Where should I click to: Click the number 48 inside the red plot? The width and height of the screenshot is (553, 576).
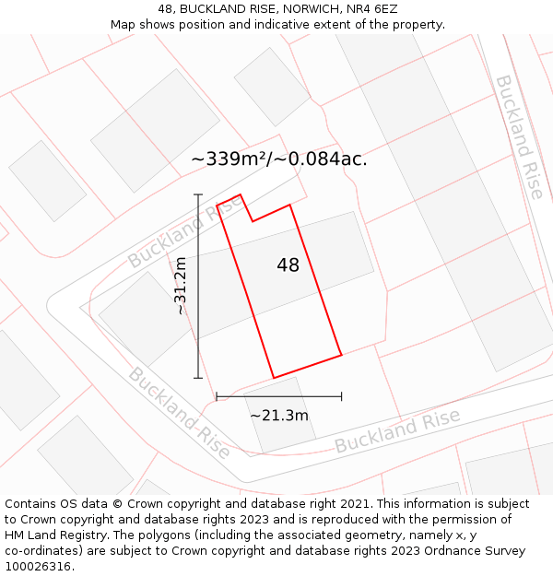[x=288, y=265]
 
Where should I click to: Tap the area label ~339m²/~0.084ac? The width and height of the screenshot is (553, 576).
[x=279, y=159]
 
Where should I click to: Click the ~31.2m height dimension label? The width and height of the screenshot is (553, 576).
[x=181, y=286]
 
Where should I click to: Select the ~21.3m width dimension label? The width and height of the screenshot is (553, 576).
[x=279, y=416]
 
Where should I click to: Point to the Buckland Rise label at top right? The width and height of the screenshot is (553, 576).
[x=519, y=136]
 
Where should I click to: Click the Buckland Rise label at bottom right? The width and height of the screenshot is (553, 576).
[x=397, y=431]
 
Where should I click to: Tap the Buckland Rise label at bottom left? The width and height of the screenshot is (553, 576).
[x=179, y=413]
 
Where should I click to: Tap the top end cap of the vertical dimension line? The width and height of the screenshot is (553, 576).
[x=198, y=195]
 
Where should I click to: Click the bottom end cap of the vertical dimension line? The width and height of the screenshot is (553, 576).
[x=198, y=378]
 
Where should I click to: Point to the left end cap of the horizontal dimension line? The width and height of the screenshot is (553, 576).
[x=217, y=396]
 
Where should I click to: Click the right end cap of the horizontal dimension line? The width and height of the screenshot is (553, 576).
[x=341, y=396]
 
